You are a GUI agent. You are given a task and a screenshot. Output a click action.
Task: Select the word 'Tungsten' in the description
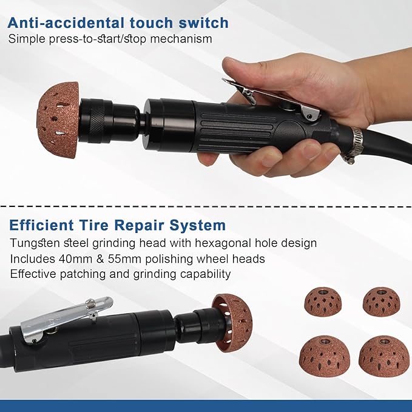(x=33, y=243)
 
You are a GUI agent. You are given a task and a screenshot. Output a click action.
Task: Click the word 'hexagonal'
(x=226, y=243)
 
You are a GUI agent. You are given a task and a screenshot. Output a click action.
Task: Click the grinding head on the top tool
(x=58, y=120)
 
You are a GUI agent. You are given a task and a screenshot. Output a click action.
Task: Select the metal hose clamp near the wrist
(x=353, y=146)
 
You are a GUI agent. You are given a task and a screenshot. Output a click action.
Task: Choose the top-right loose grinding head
(x=381, y=301)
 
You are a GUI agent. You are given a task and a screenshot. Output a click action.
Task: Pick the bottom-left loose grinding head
(x=325, y=356)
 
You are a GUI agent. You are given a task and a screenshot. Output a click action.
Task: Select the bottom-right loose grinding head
(x=383, y=356)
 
